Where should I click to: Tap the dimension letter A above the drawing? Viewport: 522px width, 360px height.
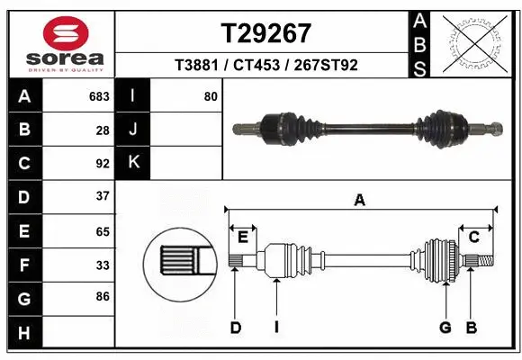[360, 201]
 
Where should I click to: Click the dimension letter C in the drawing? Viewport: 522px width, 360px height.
[473, 237]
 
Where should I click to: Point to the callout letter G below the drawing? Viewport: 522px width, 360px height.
[445, 328]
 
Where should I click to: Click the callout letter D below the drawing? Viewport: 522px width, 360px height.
[236, 328]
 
